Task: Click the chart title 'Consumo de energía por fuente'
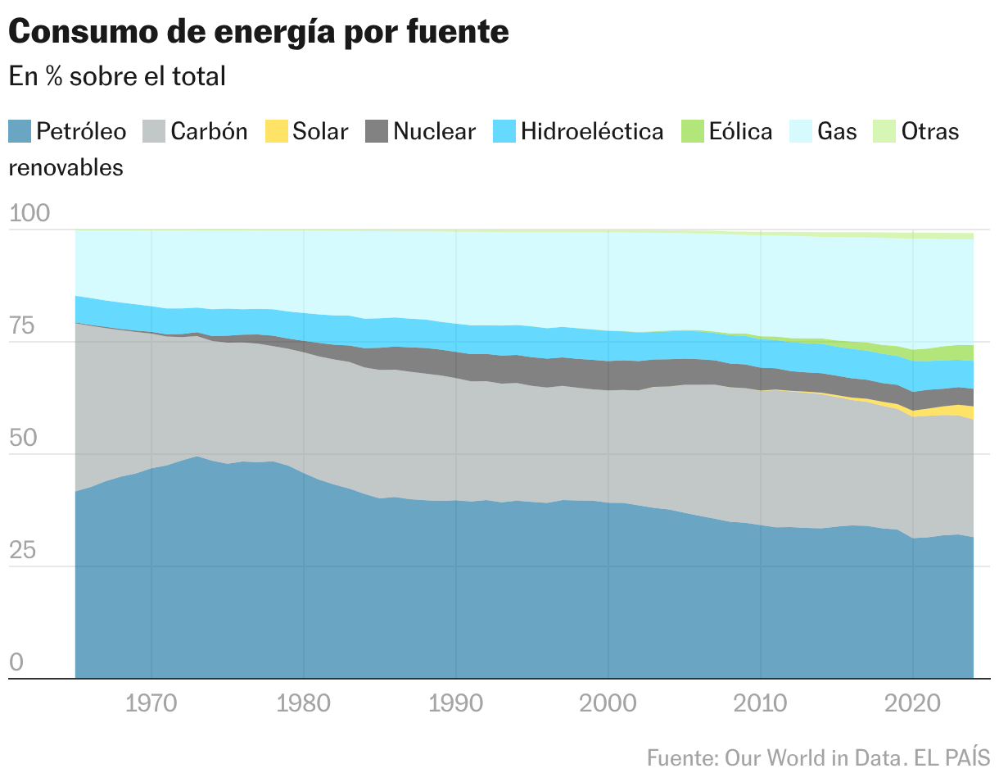[259, 32]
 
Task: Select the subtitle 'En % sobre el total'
[117, 76]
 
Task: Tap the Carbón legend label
[209, 131]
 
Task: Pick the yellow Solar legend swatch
[277, 131]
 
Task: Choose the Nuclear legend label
[434, 131]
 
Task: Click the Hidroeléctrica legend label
[592, 131]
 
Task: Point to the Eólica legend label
[740, 131]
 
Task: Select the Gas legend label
[837, 131]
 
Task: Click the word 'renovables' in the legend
[66, 168]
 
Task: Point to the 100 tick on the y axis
[29, 214]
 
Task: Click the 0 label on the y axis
[17, 662]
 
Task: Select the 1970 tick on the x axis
[151, 703]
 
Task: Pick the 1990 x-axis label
[456, 703]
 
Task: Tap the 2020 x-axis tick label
[913, 703]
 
